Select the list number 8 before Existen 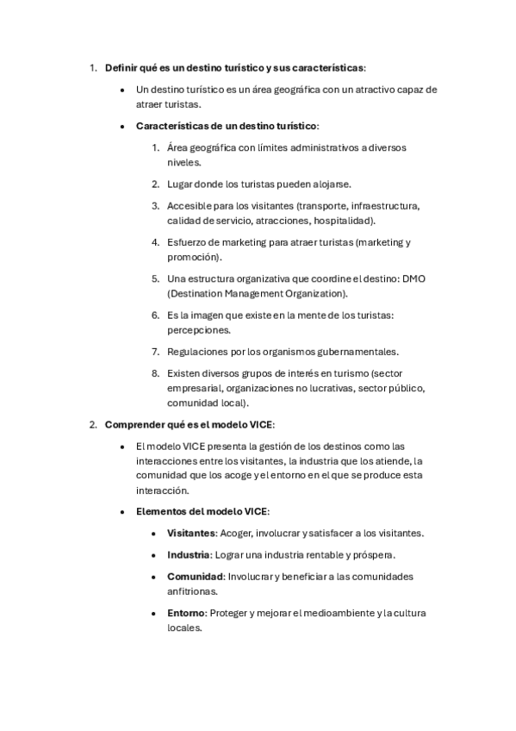(x=155, y=373)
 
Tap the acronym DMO (x=415, y=278)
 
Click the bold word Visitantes (x=190, y=533)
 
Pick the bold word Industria (x=188, y=554)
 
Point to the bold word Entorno (x=185, y=613)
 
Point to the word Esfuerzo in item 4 (x=189, y=242)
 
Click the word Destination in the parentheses (x=200, y=293)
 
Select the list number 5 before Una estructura (x=155, y=278)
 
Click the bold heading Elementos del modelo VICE (x=202, y=511)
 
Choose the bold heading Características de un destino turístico (x=227, y=125)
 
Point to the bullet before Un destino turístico (x=123, y=89)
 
